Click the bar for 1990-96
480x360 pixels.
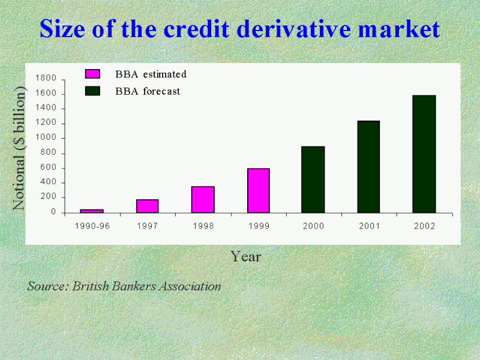92,211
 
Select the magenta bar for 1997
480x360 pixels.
148,206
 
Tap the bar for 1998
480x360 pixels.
203,200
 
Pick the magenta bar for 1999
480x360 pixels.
259,190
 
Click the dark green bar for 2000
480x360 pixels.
313,179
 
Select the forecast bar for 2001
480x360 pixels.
368,167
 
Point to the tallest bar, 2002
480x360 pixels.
424,154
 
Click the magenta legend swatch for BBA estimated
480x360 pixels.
92,74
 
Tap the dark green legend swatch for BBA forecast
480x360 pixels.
92,91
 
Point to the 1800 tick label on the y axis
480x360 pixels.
46,78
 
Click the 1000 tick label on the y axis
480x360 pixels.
46,137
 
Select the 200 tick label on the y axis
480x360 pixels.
49,197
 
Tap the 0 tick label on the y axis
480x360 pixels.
53,212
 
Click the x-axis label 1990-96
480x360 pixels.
92,226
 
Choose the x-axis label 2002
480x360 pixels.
425,226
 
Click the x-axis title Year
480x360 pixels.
246,256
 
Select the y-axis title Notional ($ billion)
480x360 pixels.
19,148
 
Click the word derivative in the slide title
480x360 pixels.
294,29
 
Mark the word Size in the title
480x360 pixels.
62,29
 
